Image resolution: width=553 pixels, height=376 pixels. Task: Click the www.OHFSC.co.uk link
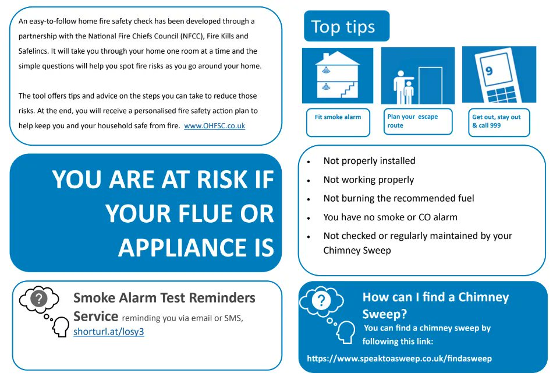click(x=214, y=125)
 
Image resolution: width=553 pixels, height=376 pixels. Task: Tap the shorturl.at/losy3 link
click(x=108, y=332)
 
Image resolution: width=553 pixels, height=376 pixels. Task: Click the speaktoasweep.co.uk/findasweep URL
click(x=399, y=359)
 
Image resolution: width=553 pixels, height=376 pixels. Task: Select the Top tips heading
click(x=343, y=27)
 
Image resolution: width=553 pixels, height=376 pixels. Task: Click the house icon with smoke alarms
click(x=337, y=76)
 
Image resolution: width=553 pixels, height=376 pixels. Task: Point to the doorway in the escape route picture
click(x=430, y=85)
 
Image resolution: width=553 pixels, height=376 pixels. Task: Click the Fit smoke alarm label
click(x=338, y=117)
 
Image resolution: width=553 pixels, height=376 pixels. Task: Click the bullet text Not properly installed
click(x=369, y=161)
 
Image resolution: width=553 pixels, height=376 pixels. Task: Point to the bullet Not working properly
click(x=368, y=180)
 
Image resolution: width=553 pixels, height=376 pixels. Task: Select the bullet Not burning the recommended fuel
click(x=399, y=198)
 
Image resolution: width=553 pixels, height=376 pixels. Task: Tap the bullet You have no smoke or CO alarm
click(x=390, y=217)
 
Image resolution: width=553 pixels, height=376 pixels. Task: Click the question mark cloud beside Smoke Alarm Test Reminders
click(x=39, y=299)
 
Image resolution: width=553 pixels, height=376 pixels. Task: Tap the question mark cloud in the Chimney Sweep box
click(x=321, y=301)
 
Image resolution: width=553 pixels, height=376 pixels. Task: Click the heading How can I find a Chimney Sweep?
click(x=435, y=305)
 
